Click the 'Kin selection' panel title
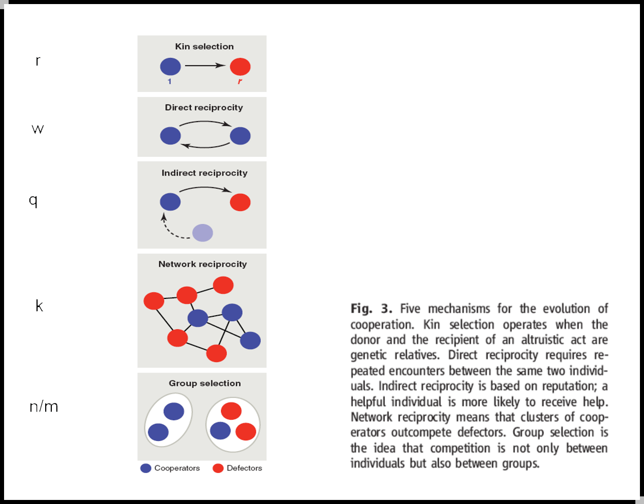pos(204,46)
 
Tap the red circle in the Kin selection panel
pos(240,66)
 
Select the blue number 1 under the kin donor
pos(170,81)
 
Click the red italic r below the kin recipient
pos(240,81)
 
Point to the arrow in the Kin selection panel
pos(205,65)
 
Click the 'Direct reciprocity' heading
pos(204,108)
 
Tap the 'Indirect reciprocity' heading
pos(204,173)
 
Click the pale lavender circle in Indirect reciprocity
pos(203,233)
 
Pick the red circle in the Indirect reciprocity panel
pos(240,202)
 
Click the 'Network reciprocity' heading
pos(203,264)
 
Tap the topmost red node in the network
pos(223,285)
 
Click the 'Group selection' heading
pos(205,383)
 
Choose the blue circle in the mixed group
pos(220,430)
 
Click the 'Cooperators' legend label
pos(177,468)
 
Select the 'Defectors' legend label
pos(244,468)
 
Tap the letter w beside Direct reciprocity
pos(38,129)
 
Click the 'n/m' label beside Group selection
pos(44,407)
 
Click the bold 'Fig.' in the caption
pos(361,309)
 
